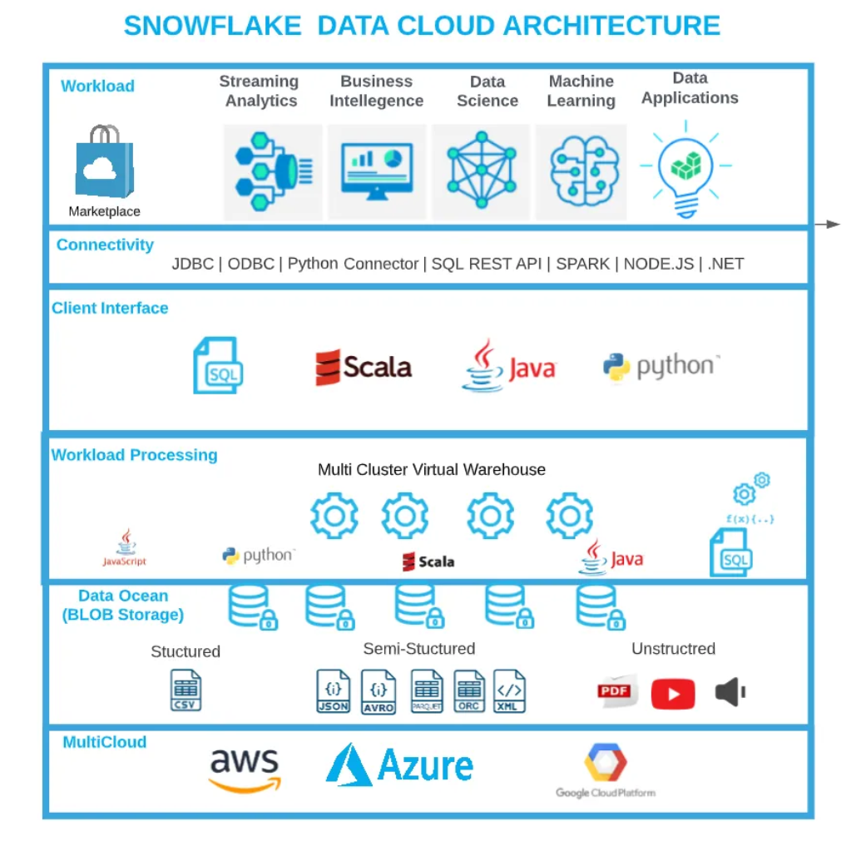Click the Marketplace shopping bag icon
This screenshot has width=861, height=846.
pos(104,163)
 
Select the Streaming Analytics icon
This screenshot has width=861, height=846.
pos(273,171)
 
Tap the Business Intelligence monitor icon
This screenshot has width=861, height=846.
pos(376,171)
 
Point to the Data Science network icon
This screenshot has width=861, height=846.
pos(481,171)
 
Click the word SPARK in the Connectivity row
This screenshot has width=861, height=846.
pos(582,264)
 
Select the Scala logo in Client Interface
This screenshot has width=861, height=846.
pos(364,367)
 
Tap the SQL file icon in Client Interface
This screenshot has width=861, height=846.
pos(217,365)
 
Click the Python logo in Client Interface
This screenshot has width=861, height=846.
pos(661,367)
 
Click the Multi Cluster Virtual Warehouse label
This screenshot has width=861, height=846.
pos(431,470)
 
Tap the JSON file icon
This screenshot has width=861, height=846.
pos(334,691)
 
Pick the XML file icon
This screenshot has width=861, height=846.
pos(509,691)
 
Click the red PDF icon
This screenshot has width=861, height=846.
pos(615,691)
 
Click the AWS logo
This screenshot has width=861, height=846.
pos(245,770)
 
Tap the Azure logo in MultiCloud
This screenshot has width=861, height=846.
pos(399,765)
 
